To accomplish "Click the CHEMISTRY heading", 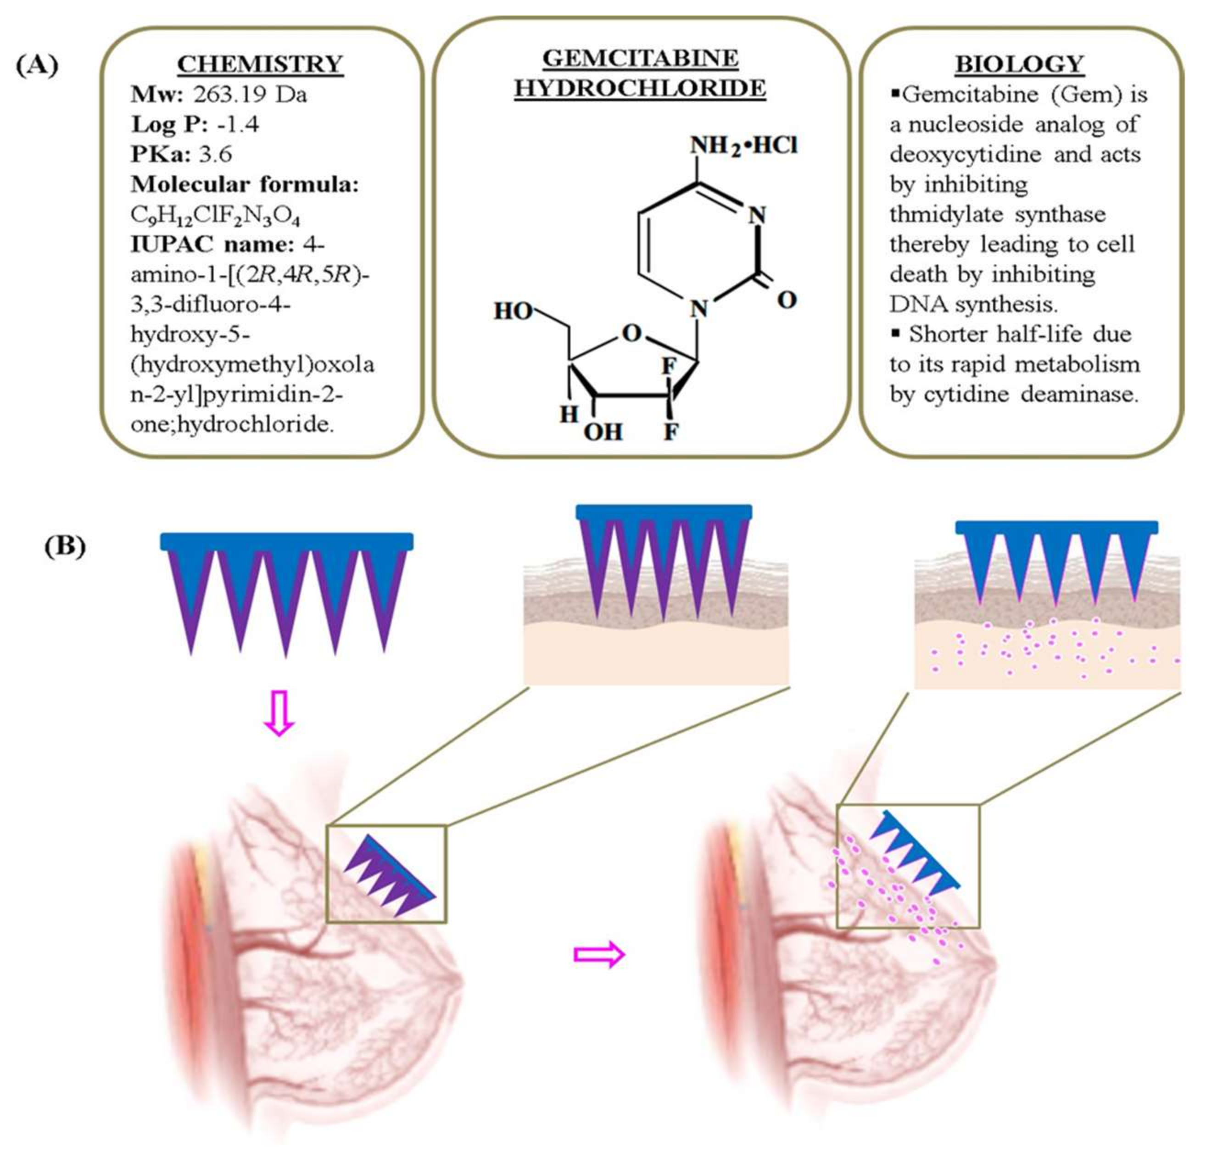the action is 260,64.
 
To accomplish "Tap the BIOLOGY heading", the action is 1020,64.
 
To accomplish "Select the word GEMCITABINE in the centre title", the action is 640,58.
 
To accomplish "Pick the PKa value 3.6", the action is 215,154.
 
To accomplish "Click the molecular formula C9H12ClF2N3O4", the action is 215,215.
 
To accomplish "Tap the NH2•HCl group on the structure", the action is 743,146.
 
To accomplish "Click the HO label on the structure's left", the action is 513,312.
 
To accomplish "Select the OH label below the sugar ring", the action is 603,433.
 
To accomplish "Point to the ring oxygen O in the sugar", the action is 632,334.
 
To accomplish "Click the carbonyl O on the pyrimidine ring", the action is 787,300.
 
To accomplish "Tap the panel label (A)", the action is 37,65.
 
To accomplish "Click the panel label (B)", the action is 65,546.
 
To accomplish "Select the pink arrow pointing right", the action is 599,954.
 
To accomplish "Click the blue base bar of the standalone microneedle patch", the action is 287,541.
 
